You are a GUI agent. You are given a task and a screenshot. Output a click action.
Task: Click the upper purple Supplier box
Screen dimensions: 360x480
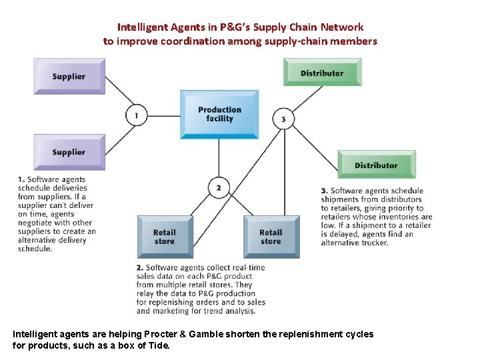pyautogui.click(x=69, y=76)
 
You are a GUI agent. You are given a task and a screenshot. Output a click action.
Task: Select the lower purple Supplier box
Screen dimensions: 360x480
pyautogui.click(x=69, y=152)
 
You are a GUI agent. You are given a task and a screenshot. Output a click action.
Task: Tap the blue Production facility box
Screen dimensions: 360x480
pyautogui.click(x=219, y=114)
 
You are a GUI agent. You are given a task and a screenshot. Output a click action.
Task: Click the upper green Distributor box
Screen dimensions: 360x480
pyautogui.click(x=322, y=73)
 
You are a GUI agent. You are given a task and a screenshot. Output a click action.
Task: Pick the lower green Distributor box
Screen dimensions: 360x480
pyautogui.click(x=376, y=165)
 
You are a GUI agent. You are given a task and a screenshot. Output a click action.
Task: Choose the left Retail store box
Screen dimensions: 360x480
pyautogui.click(x=164, y=237)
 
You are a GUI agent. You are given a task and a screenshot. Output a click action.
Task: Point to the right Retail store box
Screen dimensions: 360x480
pyautogui.click(x=271, y=237)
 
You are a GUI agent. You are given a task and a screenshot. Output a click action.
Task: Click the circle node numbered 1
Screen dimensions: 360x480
pyautogui.click(x=136, y=115)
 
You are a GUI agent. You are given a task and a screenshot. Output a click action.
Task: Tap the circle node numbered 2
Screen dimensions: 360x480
pyautogui.click(x=218, y=188)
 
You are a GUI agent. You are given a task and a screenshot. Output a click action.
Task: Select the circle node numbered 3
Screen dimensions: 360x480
pyautogui.click(x=283, y=119)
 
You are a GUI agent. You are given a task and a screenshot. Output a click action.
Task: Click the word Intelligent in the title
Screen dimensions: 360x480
pyautogui.click(x=142, y=27)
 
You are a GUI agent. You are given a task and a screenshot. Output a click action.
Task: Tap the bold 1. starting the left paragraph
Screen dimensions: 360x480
pyautogui.click(x=22, y=179)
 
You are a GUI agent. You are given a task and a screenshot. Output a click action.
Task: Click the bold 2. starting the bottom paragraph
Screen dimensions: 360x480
pyautogui.click(x=139, y=267)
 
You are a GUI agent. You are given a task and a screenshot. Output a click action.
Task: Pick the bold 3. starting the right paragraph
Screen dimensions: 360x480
pyautogui.click(x=325, y=191)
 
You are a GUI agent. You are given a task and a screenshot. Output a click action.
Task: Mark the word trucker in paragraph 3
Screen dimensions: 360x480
pyautogui.click(x=373, y=243)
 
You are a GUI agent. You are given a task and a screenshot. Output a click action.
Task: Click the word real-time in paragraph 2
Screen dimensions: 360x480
pyautogui.click(x=247, y=267)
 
